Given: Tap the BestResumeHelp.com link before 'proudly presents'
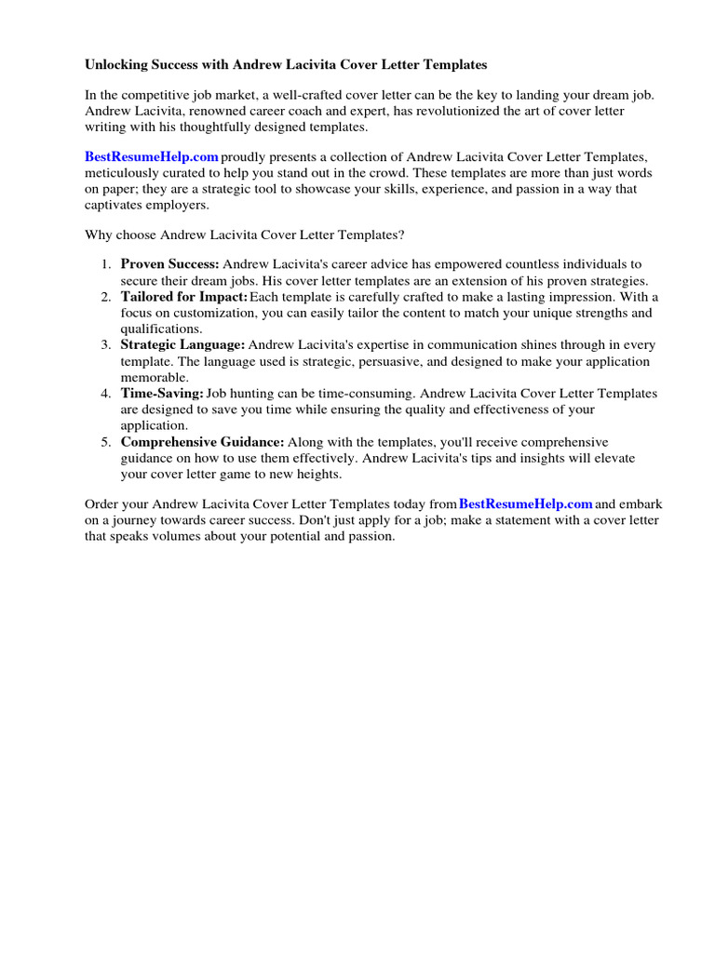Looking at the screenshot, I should [x=152, y=157].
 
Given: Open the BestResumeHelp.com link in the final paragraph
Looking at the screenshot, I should [x=525, y=504].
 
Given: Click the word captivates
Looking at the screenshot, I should [x=120, y=205].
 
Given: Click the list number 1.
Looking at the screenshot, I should [x=106, y=265].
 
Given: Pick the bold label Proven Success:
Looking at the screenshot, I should [x=169, y=265].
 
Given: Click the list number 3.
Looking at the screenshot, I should [x=106, y=345].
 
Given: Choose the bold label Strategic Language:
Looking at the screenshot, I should [x=182, y=345].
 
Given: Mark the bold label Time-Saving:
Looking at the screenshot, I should [x=161, y=394].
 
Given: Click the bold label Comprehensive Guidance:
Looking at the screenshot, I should [x=203, y=442].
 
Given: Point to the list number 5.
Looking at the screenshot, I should [x=106, y=442].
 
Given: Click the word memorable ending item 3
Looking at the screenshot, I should [x=155, y=378].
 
